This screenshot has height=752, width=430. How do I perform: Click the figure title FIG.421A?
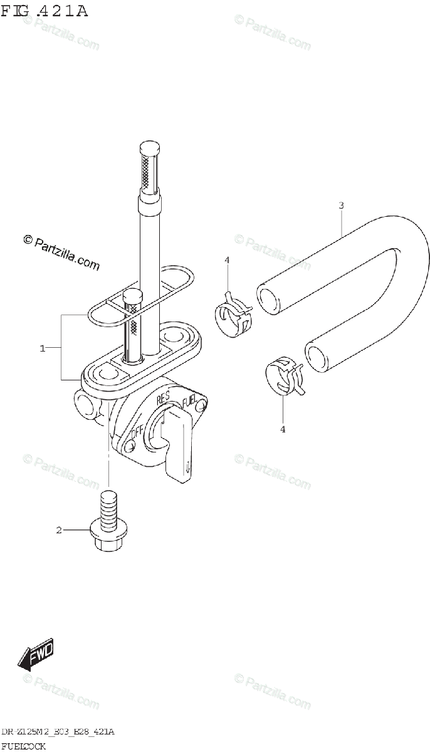45,11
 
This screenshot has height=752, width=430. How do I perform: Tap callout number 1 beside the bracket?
43,348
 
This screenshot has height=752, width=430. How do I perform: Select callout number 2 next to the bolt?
58,531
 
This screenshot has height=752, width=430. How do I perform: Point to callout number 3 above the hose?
341,205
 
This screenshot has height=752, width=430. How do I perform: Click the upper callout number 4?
228,260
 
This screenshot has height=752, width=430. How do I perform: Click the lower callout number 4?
283,429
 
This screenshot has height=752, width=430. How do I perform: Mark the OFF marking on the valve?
137,432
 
